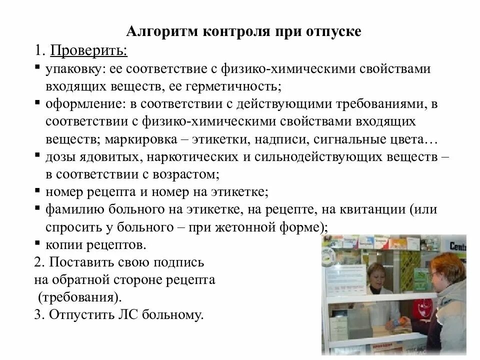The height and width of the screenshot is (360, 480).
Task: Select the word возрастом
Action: pos(190,173)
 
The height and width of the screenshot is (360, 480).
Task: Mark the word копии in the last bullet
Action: pos(62,244)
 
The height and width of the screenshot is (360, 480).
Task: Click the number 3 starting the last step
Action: pos(38,315)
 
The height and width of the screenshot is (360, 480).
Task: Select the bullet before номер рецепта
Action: pos(38,190)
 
